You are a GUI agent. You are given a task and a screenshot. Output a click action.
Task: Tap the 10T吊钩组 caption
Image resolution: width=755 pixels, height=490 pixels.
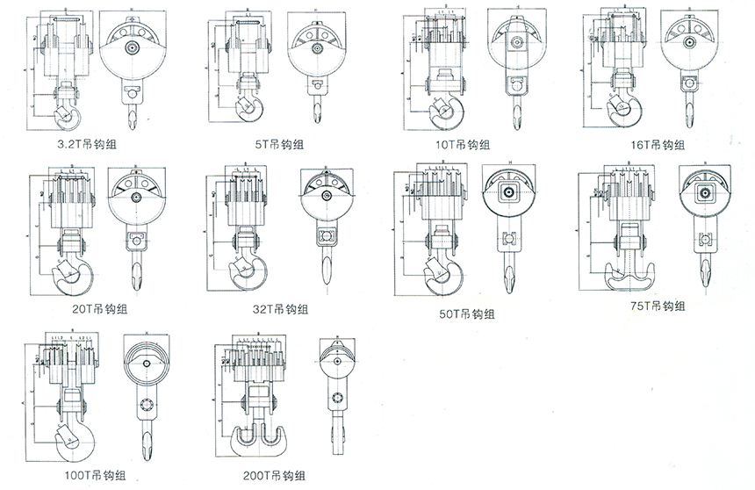click(462, 144)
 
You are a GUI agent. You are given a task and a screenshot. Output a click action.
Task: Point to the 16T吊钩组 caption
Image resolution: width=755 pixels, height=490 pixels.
click(657, 144)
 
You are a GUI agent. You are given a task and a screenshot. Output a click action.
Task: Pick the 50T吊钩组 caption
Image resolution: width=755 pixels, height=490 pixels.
click(466, 313)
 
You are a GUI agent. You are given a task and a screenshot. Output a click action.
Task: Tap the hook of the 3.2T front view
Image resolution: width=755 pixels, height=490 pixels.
click(65, 112)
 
